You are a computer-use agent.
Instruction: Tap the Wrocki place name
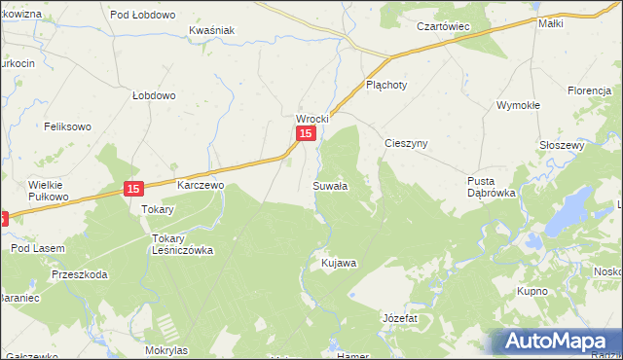click(x=312, y=119)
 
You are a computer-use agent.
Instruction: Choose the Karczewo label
click(x=201, y=183)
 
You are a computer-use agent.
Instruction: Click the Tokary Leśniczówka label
click(x=182, y=243)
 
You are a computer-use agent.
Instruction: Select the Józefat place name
click(x=399, y=318)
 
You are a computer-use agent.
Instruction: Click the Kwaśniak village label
click(x=212, y=30)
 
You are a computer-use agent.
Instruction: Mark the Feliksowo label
click(x=67, y=126)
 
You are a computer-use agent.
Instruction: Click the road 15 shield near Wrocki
click(x=306, y=134)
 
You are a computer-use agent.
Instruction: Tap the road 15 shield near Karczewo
click(x=133, y=189)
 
